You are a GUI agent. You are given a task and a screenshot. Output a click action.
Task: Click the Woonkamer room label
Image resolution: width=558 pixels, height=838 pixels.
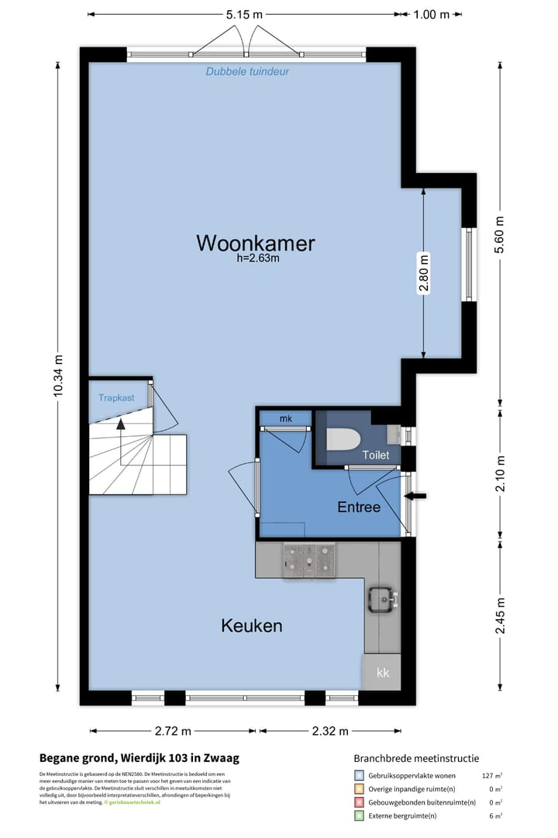tap(256, 243)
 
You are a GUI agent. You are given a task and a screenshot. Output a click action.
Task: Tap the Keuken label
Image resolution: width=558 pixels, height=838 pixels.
tap(251, 625)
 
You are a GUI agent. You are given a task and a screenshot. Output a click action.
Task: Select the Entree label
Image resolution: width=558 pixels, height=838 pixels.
tap(359, 507)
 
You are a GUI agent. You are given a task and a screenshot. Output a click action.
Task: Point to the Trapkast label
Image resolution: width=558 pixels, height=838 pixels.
tap(116, 398)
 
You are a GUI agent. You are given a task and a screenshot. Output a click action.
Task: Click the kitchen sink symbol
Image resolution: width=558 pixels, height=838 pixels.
tap(382, 599)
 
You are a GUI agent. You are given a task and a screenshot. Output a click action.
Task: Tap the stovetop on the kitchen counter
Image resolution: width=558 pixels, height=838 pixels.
tap(308, 558)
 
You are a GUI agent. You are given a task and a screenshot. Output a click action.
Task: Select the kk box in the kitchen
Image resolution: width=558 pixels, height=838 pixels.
tap(383, 673)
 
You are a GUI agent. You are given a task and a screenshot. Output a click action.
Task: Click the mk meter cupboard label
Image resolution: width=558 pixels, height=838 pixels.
tap(286, 419)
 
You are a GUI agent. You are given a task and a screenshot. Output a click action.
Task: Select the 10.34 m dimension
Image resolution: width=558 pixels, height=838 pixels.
tap(59, 376)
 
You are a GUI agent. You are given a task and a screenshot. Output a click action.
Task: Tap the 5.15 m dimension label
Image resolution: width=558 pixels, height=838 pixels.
tap(244, 14)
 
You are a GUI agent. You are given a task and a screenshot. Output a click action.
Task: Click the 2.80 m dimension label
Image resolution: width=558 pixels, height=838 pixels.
tap(423, 273)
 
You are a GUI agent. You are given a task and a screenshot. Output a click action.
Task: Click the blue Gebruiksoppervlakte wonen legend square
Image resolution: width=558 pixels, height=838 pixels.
tap(359, 775)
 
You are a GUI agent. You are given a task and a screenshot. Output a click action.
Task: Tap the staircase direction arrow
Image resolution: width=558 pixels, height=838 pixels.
tap(120, 423)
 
